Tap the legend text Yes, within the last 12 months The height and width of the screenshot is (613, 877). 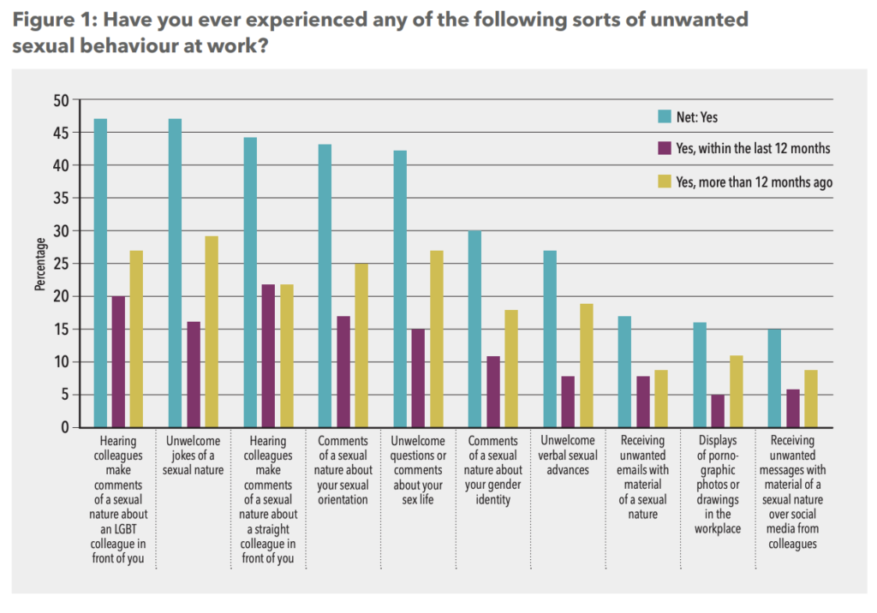(x=752, y=148)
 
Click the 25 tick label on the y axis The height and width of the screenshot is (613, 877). (x=60, y=264)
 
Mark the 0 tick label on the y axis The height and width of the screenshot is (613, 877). (x=63, y=427)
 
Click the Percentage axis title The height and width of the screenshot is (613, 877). (x=40, y=264)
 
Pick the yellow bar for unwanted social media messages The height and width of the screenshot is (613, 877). (x=810, y=398)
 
